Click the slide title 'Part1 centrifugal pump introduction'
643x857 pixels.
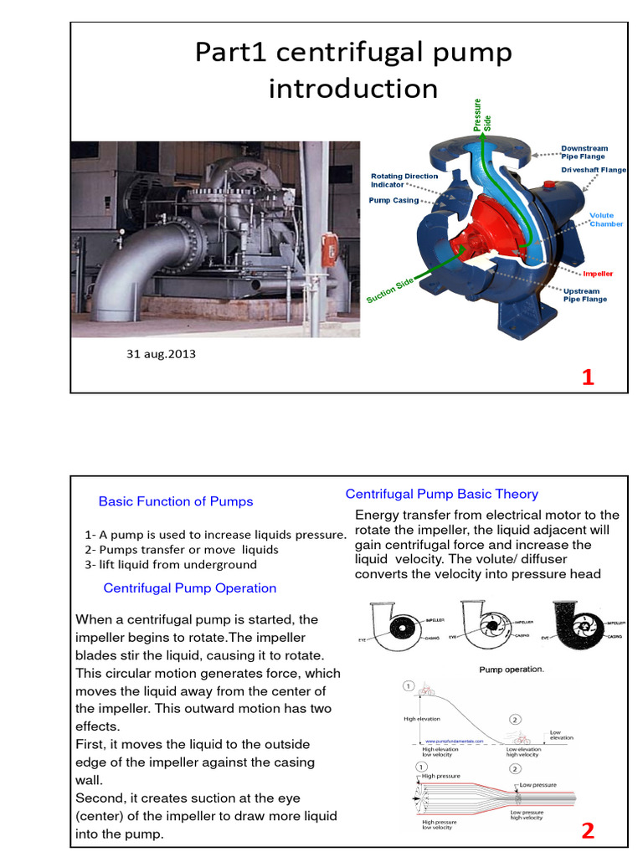click(x=352, y=70)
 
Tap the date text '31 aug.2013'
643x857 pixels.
click(x=161, y=354)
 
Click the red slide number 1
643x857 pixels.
click(x=588, y=377)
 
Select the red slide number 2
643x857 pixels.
click(x=588, y=831)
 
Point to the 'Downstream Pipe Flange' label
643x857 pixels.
click(x=584, y=152)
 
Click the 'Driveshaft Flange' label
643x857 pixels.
click(x=593, y=170)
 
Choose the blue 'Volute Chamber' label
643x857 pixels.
click(x=606, y=219)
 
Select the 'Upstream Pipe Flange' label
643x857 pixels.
click(x=585, y=295)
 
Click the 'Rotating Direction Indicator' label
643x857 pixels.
click(x=399, y=180)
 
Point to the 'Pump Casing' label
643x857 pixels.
click(x=393, y=201)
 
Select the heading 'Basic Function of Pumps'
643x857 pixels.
click(x=176, y=501)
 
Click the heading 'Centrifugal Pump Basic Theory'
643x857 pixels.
click(x=442, y=494)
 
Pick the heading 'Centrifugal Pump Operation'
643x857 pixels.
click(x=190, y=588)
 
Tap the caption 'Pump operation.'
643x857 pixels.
click(x=511, y=670)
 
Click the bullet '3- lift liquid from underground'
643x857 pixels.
click(x=171, y=564)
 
